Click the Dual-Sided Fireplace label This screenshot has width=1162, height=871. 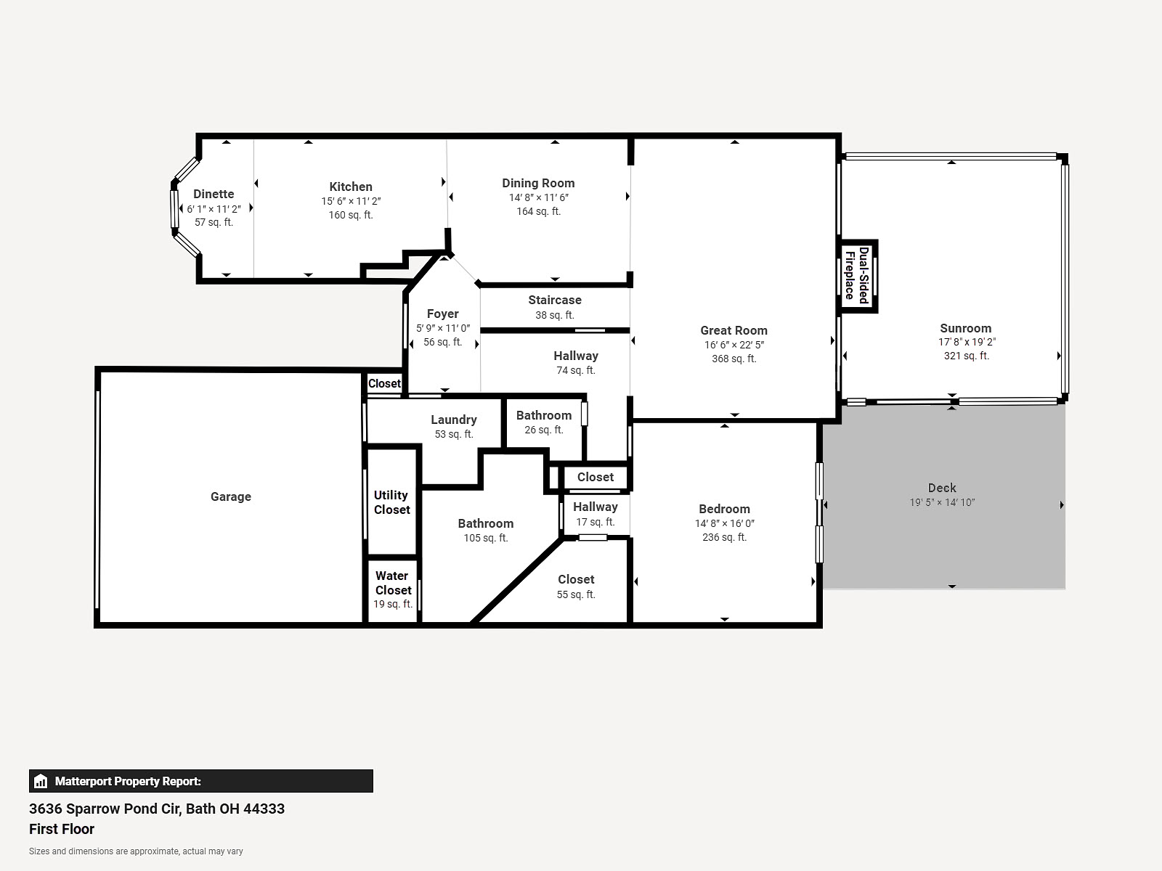tap(856, 276)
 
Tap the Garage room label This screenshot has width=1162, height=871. tap(231, 496)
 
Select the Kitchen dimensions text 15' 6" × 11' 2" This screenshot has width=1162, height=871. tap(351, 202)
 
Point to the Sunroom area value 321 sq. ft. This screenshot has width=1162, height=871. tap(966, 356)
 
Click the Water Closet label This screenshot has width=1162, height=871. tap(392, 583)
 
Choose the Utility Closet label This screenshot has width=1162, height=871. tap(391, 502)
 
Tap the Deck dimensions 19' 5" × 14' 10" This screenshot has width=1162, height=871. tap(942, 502)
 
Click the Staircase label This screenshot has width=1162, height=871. tap(555, 300)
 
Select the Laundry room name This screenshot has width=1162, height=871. tap(454, 420)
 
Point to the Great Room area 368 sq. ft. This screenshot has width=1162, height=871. tap(734, 359)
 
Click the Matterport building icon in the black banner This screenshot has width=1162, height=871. tap(41, 781)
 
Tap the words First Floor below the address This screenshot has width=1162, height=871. tap(62, 829)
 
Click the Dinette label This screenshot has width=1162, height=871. tap(214, 194)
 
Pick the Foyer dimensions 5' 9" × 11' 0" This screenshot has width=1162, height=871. tap(442, 328)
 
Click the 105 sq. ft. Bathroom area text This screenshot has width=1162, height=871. tap(485, 538)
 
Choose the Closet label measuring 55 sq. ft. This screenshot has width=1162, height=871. tap(576, 580)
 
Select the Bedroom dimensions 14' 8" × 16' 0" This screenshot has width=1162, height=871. tap(724, 523)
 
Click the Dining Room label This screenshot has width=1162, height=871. tap(538, 184)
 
